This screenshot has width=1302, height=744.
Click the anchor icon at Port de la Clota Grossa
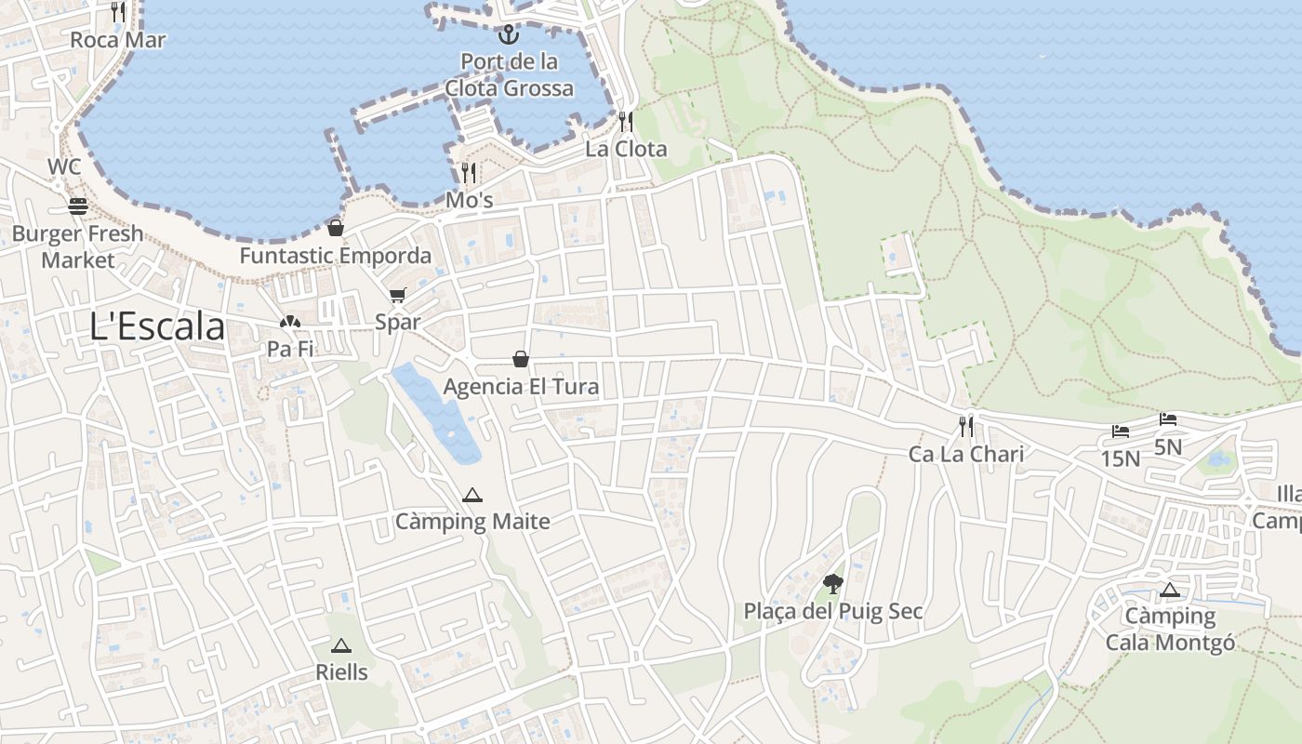point(508,35)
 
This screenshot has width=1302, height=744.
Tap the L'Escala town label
point(157,326)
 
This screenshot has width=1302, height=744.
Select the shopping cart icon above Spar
point(398,296)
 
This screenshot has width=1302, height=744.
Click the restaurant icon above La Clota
point(626,122)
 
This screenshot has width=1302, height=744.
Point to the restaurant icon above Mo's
point(469,173)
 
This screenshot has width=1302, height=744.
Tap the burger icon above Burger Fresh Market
point(78,206)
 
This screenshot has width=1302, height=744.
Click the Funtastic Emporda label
point(335,256)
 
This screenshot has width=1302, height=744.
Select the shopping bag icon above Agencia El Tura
point(521,359)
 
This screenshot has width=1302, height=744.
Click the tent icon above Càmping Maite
point(472,495)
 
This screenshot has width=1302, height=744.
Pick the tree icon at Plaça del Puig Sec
point(833,584)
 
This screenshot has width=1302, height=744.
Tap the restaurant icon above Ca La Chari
point(966,427)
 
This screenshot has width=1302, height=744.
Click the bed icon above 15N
point(1121,432)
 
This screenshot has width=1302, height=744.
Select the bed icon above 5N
point(1168,419)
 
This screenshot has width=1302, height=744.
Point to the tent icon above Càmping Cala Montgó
point(1169,590)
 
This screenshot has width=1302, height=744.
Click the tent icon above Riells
point(341,645)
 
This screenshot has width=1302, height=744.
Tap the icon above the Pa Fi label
point(290,323)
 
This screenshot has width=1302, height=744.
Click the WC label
point(65,167)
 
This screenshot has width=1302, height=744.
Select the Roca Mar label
point(118,40)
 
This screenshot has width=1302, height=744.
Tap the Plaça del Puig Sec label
point(833,611)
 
